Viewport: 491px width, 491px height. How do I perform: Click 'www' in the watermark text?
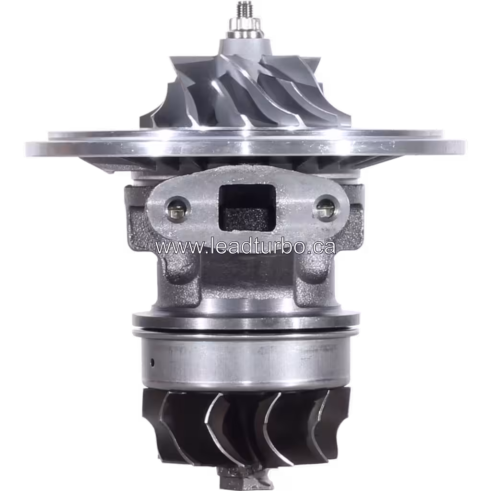click(175, 247)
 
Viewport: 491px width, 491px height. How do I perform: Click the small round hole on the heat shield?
click(153, 361)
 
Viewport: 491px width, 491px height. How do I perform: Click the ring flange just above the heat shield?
click(245, 319)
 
